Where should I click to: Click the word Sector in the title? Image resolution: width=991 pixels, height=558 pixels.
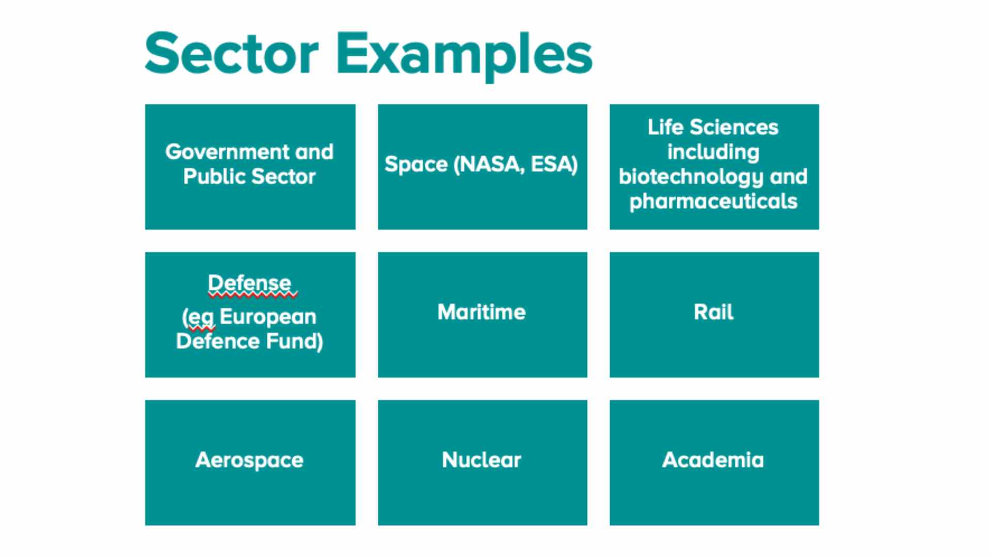tap(232, 54)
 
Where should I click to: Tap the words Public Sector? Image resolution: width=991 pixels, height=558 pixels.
tap(249, 177)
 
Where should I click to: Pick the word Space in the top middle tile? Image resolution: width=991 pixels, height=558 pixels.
tap(416, 164)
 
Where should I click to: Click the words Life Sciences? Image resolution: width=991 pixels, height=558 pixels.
tap(713, 127)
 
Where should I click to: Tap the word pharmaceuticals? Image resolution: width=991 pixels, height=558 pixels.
tap(713, 202)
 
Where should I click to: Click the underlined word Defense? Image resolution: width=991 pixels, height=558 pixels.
tap(250, 283)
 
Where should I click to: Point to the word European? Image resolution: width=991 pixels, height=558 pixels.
tap(268, 317)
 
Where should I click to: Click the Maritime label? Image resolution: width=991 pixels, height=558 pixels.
tap(482, 312)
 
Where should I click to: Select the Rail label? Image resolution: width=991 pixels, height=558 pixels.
tap(713, 312)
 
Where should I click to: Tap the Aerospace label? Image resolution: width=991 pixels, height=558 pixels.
tap(249, 460)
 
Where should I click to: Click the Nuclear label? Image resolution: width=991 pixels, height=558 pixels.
tap(482, 460)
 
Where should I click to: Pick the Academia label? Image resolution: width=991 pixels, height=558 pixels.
tap(713, 460)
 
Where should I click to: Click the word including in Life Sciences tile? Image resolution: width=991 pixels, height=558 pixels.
tap(713, 152)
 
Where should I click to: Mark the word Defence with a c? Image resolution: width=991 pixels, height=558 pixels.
tap(217, 342)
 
